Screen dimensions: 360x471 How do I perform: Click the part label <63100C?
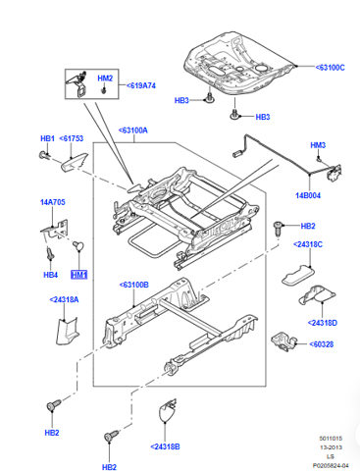[x=330, y=68]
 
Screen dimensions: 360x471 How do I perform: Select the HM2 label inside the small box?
[x=105, y=78]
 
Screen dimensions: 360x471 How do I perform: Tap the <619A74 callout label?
[x=141, y=85]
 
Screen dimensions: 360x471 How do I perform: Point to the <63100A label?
[x=133, y=131]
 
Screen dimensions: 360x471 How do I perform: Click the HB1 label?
[x=47, y=138]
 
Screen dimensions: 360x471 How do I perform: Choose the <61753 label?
[x=72, y=138]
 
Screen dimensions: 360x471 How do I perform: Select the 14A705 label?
[x=53, y=202]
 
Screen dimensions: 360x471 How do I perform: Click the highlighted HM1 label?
[x=79, y=275]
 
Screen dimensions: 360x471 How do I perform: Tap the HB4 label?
[x=51, y=275]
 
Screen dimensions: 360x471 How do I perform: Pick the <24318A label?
[x=64, y=299]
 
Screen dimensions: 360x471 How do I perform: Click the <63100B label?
[x=134, y=285]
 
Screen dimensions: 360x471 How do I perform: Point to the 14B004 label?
[x=308, y=195]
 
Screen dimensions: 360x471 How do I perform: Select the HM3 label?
[x=318, y=145]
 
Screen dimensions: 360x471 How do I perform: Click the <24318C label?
[x=308, y=244]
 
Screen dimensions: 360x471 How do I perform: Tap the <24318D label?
[x=323, y=323]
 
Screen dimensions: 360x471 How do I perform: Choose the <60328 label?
[x=322, y=344]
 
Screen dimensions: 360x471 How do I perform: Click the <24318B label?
[x=165, y=446]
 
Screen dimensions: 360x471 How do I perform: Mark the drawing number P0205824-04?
[x=331, y=465]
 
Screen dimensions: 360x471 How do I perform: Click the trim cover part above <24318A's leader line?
[x=67, y=331]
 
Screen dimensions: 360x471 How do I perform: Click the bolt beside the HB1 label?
[x=43, y=155]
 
